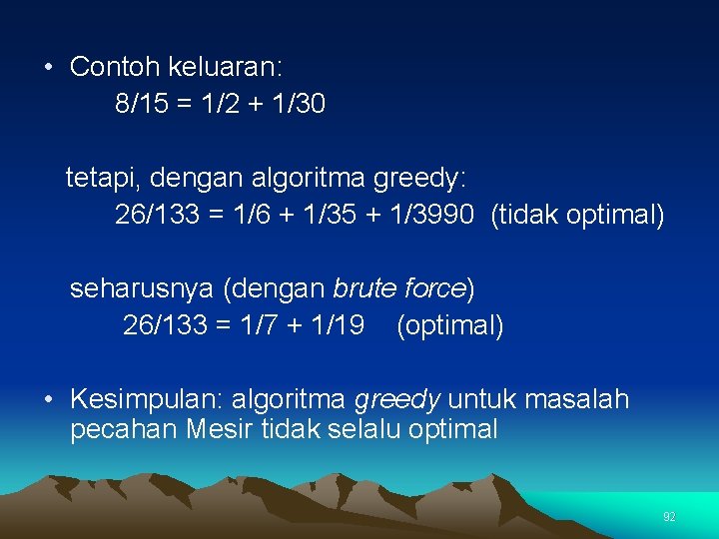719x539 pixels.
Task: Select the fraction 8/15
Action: (142, 104)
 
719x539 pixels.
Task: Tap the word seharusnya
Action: (141, 289)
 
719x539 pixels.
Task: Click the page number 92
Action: (669, 517)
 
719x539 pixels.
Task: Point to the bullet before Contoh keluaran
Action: (48, 68)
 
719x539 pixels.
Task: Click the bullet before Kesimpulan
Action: (48, 400)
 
